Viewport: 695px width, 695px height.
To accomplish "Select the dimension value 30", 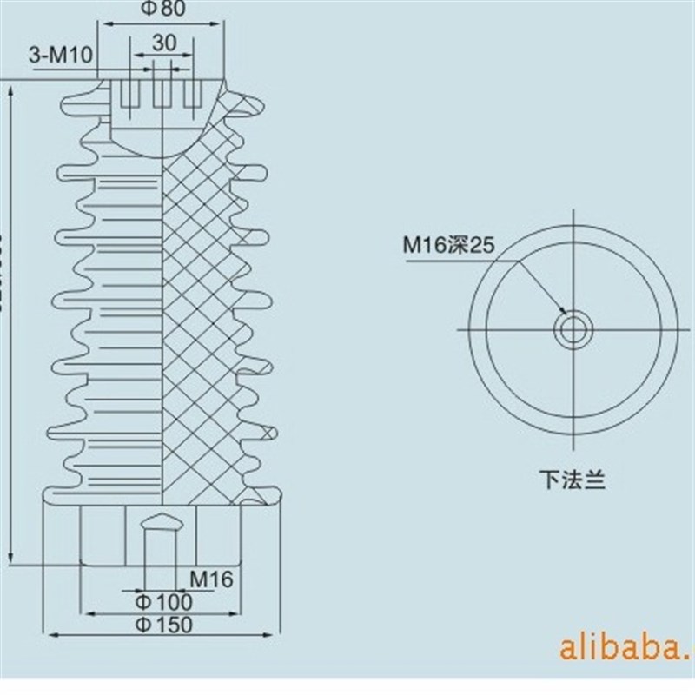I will [x=164, y=43].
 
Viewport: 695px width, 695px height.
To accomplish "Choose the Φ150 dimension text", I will [x=165, y=624].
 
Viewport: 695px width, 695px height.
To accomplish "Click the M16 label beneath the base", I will [x=212, y=579].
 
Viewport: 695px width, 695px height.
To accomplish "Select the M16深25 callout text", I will [x=447, y=246].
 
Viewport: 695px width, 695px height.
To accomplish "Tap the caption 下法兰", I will [x=571, y=478].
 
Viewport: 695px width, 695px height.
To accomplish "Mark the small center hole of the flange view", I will [x=573, y=329].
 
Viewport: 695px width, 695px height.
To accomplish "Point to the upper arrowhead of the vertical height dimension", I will [x=10, y=89].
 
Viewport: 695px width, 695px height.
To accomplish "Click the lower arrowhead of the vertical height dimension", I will [x=10, y=559].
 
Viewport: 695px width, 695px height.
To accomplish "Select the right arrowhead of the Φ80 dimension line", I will [x=222, y=24].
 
